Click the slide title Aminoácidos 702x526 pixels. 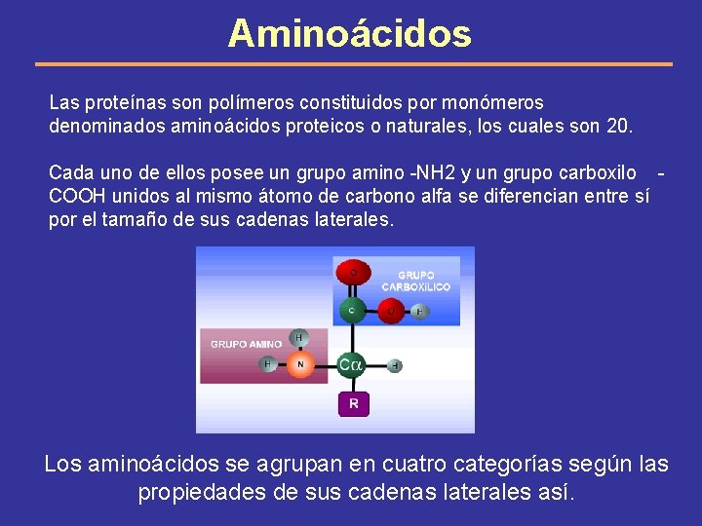tap(349, 34)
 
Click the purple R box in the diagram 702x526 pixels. tap(353, 403)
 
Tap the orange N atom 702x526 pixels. tap(300, 364)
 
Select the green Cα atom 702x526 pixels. tap(351, 365)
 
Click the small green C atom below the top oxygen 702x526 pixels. tap(352, 312)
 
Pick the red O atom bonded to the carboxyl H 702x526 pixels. tap(392, 312)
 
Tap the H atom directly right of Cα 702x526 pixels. tap(395, 366)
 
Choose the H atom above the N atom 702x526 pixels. tap(299, 337)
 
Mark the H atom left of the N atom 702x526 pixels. tap(268, 364)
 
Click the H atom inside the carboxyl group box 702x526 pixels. tap(419, 312)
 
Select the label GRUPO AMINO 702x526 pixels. tap(247, 344)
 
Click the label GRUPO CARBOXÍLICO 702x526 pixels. tap(416, 282)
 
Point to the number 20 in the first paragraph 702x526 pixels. tap(619, 127)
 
